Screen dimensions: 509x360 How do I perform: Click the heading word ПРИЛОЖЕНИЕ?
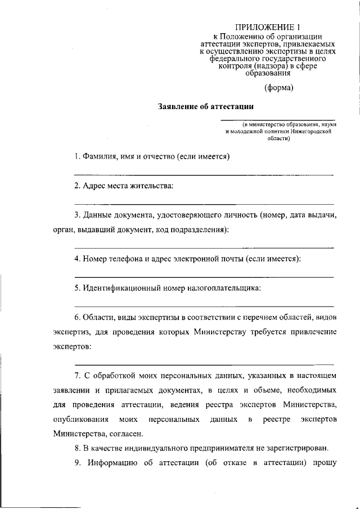point(259,26)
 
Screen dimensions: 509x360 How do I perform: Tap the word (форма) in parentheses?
point(280,87)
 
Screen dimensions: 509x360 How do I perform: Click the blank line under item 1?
point(204,176)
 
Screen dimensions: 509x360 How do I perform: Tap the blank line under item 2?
point(204,204)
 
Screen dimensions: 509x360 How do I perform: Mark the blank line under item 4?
point(204,277)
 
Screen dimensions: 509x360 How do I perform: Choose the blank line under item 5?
point(204,306)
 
